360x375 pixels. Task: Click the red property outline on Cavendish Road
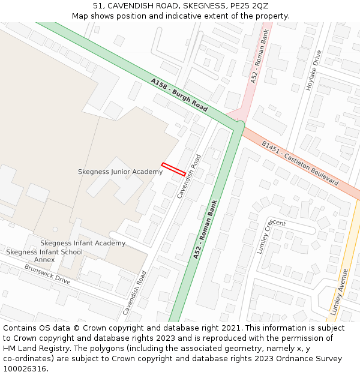coord(173,169)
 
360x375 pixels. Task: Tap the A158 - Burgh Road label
coord(179,95)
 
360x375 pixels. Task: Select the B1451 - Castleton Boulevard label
coord(299,163)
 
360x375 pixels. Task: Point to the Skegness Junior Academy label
coord(120,172)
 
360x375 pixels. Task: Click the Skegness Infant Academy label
coord(83,243)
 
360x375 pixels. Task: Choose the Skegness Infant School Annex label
coord(44,256)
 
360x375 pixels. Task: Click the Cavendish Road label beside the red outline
coord(190,176)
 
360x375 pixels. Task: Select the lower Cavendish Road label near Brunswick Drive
coord(135,292)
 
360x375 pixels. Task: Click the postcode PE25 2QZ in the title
coord(251,6)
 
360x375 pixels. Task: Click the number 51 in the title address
coord(98,6)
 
